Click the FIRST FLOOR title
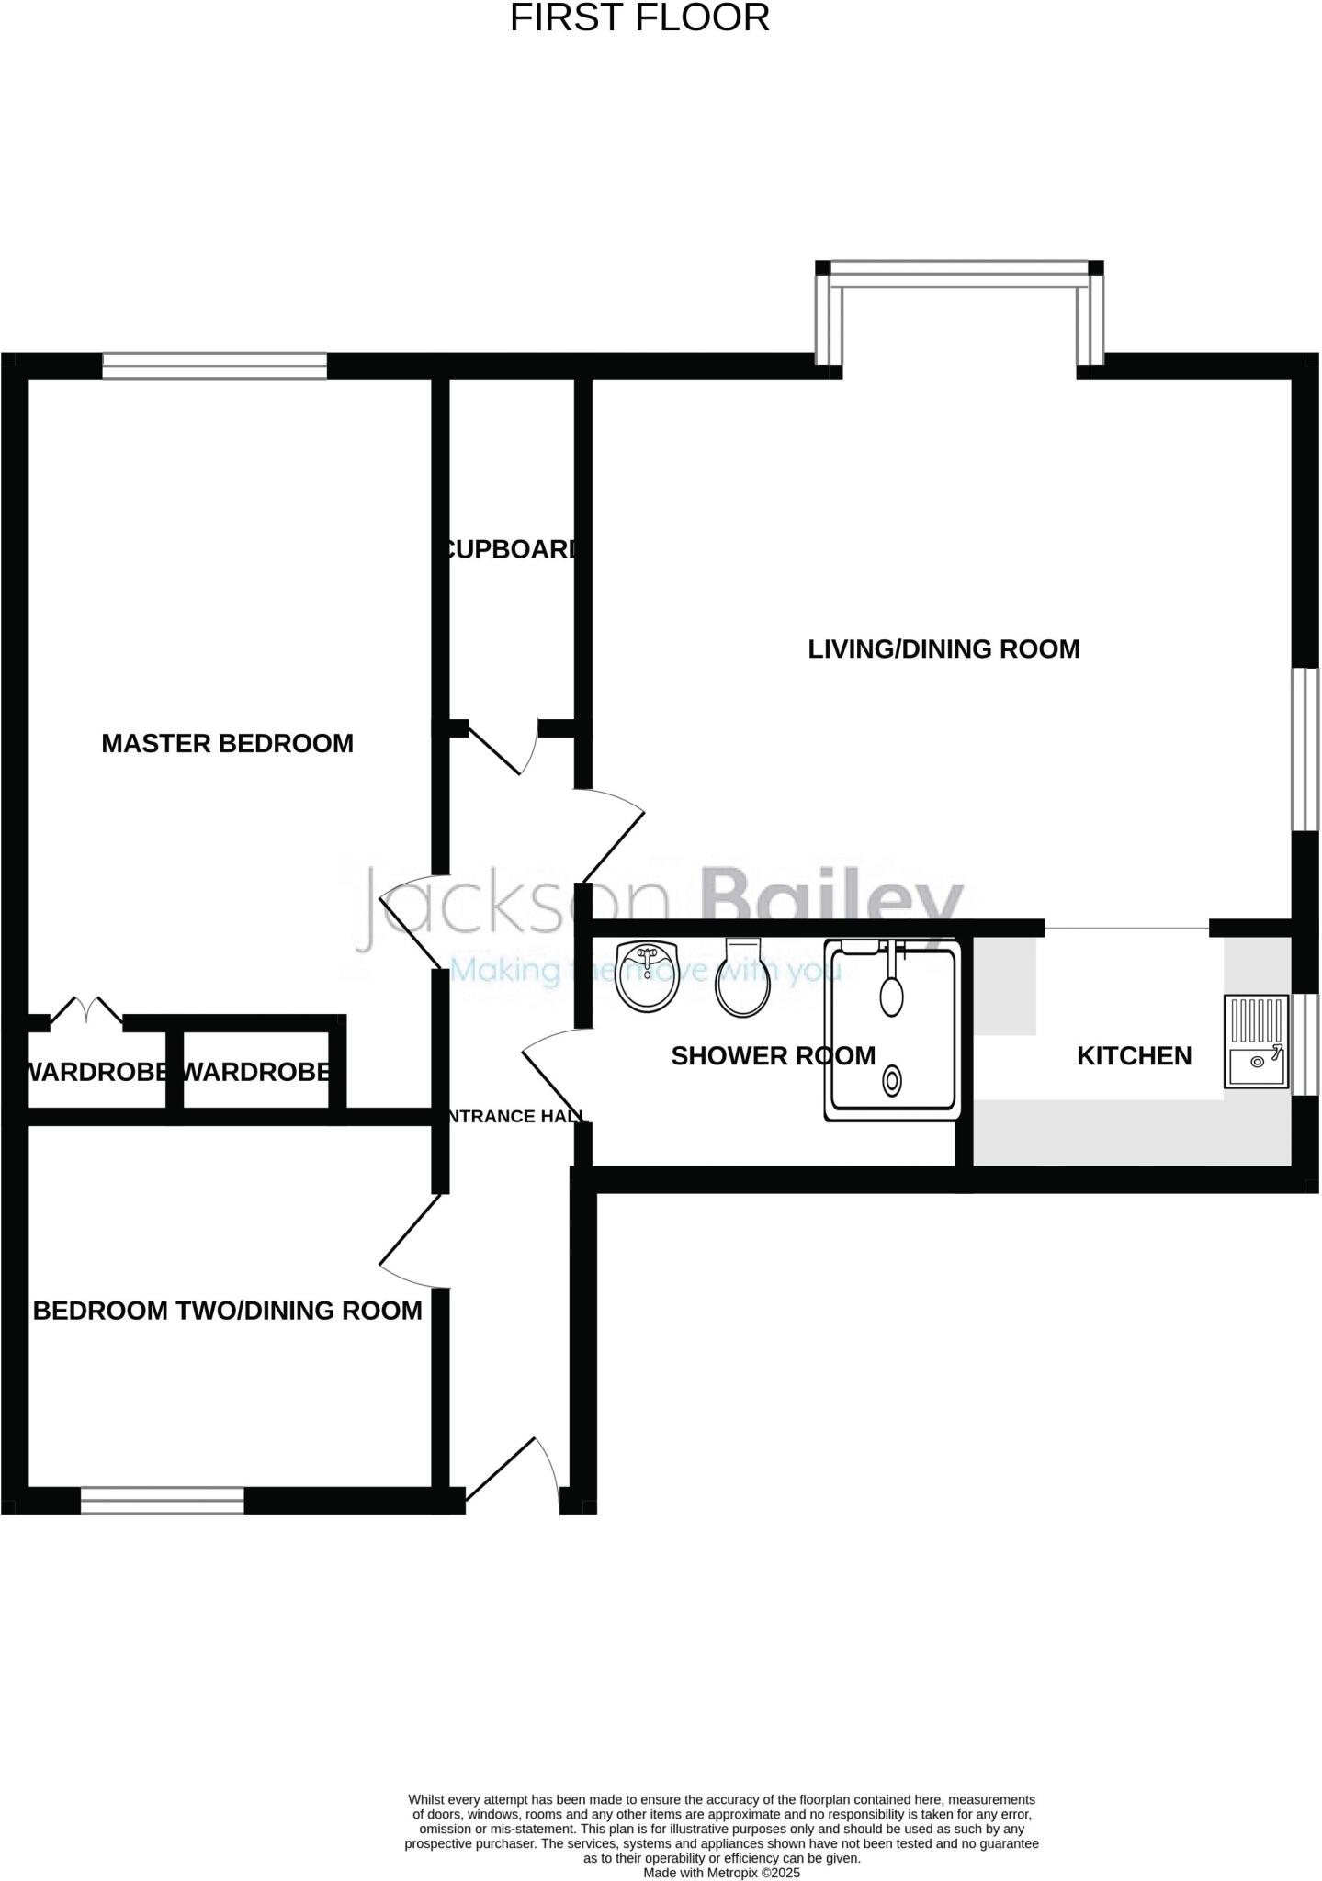(x=639, y=18)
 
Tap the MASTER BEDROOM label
(x=227, y=743)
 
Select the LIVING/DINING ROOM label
(x=943, y=648)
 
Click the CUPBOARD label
(x=511, y=549)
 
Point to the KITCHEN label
(x=1134, y=1055)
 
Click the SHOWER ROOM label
(x=773, y=1055)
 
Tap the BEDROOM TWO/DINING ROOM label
(x=227, y=1311)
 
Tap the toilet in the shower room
(x=742, y=979)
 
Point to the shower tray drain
(x=891, y=1080)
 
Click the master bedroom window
(x=214, y=366)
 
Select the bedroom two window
(x=163, y=1500)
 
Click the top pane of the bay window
(x=959, y=268)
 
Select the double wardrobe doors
(x=85, y=1009)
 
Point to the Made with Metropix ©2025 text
(x=721, y=1873)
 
